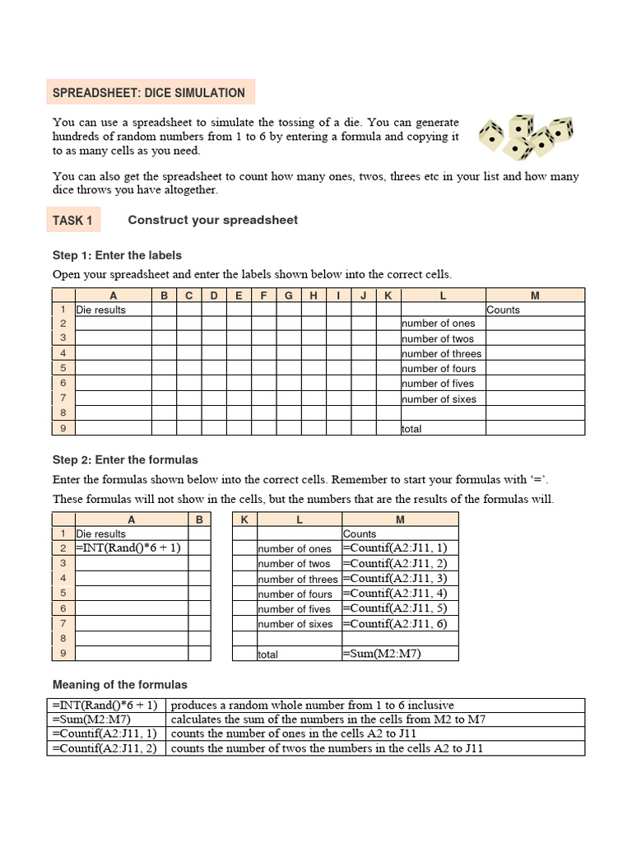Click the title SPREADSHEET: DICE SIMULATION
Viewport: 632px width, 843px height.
pos(149,93)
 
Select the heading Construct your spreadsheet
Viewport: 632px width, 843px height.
pos(212,220)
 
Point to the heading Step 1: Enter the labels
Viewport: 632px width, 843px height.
pos(117,255)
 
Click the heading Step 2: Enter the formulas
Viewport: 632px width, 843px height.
pos(125,460)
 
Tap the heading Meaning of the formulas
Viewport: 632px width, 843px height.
pos(119,685)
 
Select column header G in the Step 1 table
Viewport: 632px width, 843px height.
pos(289,295)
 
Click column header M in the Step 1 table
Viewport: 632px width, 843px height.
pos(535,295)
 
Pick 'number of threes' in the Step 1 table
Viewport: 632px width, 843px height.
pos(442,354)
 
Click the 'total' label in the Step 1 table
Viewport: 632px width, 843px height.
pos(412,429)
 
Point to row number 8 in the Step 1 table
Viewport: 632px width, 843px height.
pos(63,413)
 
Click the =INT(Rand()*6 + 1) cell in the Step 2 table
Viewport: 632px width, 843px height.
pos(128,547)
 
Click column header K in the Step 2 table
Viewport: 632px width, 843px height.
pos(244,519)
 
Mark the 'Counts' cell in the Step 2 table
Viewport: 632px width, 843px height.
pos(360,534)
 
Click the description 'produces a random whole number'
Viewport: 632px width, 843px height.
pos(313,706)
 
